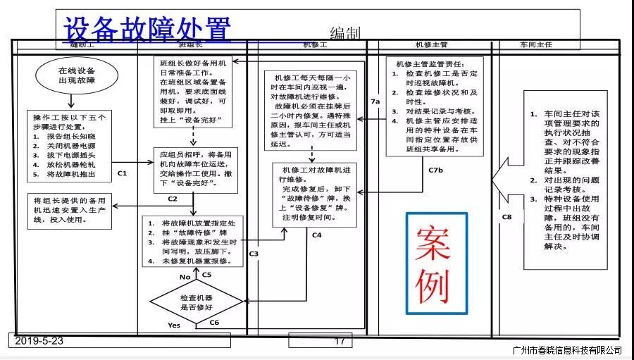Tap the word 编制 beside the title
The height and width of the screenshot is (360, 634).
click(x=344, y=33)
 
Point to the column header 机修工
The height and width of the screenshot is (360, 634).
click(x=314, y=45)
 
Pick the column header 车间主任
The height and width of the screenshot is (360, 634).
click(x=535, y=45)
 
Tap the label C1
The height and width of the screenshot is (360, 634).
click(x=122, y=173)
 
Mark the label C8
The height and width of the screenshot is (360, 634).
click(x=506, y=217)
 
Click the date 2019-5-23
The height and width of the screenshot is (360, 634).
click(x=39, y=341)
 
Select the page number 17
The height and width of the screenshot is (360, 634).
click(x=340, y=342)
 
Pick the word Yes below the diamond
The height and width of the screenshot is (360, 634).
click(x=174, y=325)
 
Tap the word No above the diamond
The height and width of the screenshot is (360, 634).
click(x=185, y=277)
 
